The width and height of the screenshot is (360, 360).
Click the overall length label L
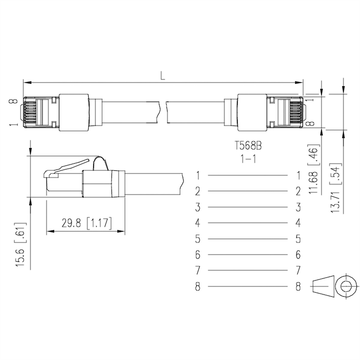click(162, 76)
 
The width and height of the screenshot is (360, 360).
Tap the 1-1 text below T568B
click(248, 159)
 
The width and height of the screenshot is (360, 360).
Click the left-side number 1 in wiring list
click(197, 175)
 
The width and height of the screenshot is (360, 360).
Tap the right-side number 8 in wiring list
click(298, 287)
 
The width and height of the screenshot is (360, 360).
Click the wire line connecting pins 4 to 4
click(247, 223)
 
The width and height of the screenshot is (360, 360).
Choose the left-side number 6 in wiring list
click(197, 255)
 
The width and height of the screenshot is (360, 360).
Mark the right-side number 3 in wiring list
click(298, 207)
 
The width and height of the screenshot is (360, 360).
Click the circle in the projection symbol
click(346, 287)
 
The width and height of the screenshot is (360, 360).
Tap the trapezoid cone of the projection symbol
click(323, 287)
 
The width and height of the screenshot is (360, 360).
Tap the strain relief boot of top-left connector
click(74, 112)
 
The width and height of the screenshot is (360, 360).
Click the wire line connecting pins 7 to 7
click(247, 271)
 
